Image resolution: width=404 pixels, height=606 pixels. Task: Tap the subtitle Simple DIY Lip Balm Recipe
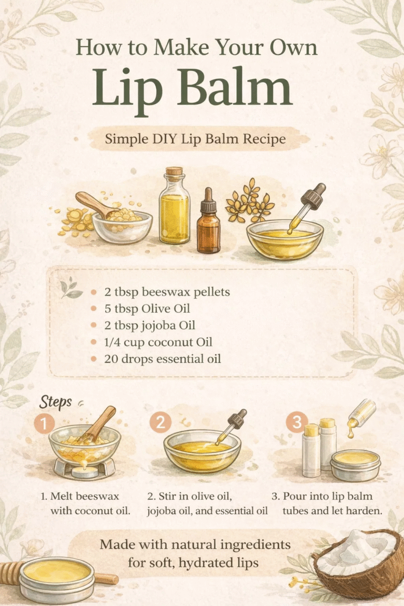tap(195, 139)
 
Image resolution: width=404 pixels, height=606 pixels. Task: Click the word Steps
tap(55, 402)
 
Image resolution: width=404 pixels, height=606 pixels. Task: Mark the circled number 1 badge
tap(45, 423)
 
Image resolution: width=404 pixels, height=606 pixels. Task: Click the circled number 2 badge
tap(159, 423)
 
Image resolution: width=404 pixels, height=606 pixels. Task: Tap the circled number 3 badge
tap(296, 423)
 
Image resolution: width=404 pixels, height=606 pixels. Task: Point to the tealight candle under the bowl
tap(85, 471)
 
